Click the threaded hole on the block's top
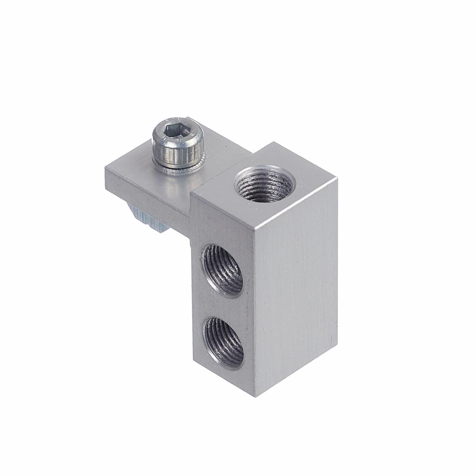point(263,185)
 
